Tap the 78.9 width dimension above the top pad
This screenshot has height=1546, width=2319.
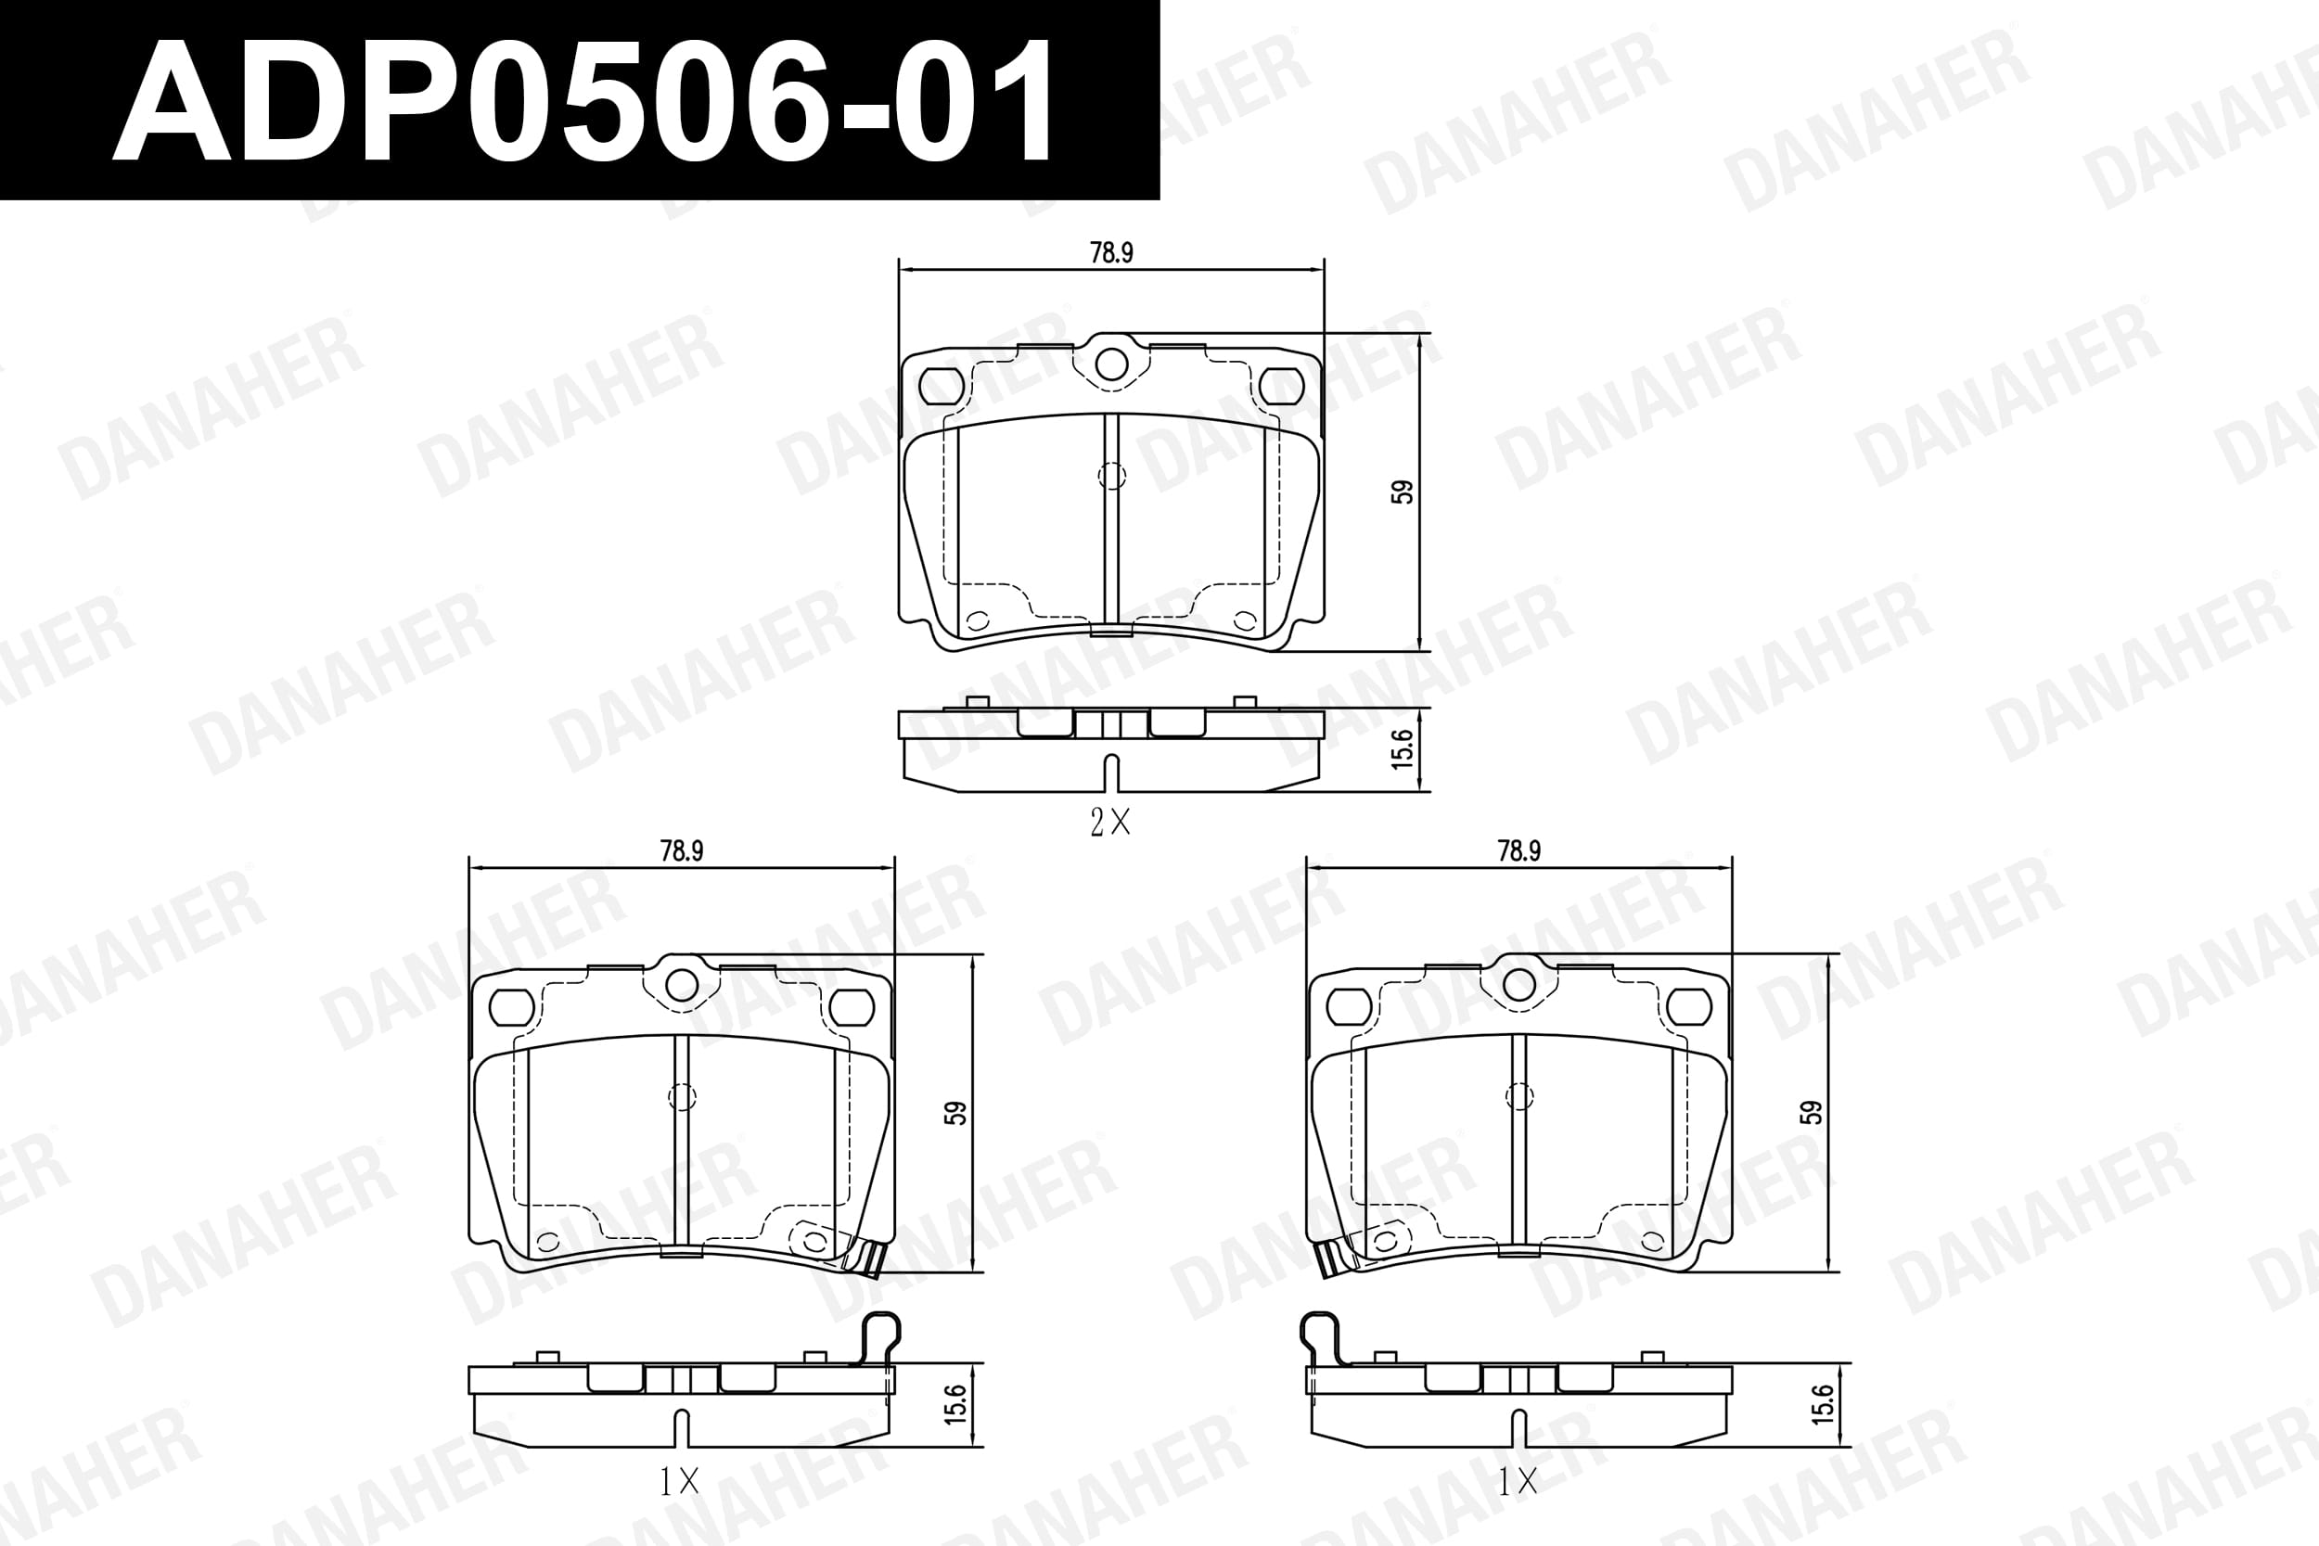[x=1111, y=253]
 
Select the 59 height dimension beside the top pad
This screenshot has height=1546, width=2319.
[x=1402, y=492]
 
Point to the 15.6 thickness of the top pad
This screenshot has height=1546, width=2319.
[x=1402, y=749]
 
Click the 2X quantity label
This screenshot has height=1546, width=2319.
[x=1110, y=823]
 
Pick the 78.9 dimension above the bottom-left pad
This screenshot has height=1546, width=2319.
[x=681, y=850]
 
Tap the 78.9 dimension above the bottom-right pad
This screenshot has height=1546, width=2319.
[x=1518, y=850]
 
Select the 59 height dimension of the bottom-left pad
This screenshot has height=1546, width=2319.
[x=955, y=1113]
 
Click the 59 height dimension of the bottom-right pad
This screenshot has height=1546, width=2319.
[x=1811, y=1113]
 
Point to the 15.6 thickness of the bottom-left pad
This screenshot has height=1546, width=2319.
[x=955, y=1404]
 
